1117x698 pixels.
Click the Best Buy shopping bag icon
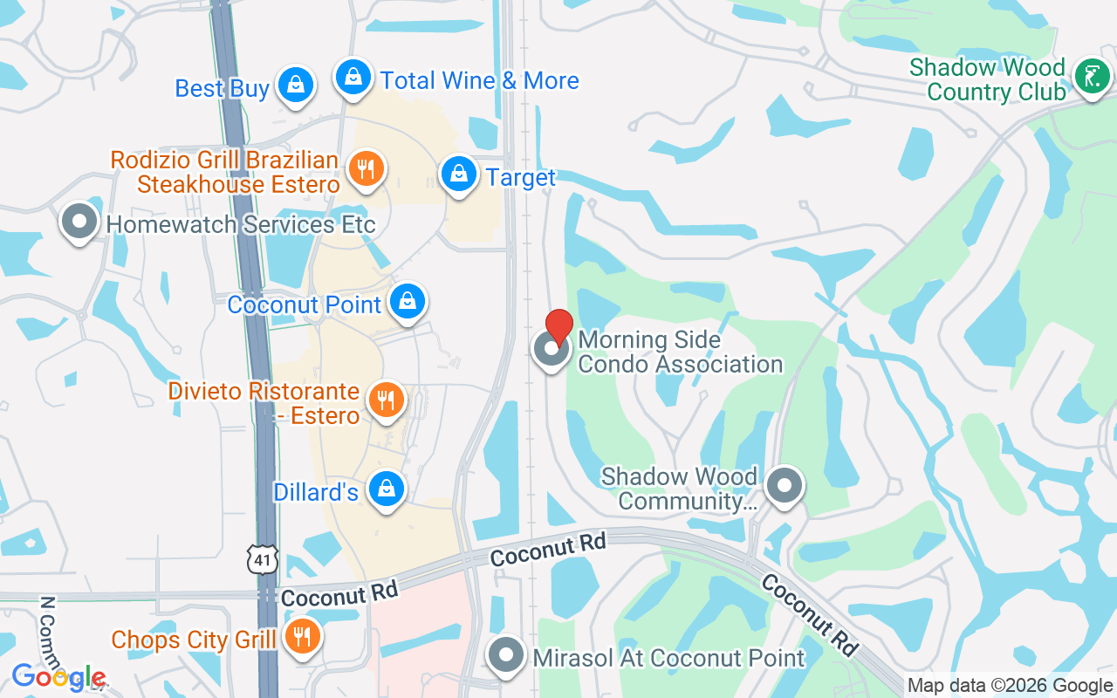[296, 85]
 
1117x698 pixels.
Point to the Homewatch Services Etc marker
[79, 222]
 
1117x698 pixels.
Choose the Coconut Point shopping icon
[407, 302]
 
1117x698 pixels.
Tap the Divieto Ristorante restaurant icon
[386, 400]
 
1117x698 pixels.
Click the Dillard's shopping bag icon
[385, 489]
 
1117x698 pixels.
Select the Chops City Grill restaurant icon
[302, 637]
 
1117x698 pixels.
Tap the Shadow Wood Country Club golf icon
[1091, 79]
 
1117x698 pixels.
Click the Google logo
[59, 677]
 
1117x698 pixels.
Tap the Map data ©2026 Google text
[1010, 686]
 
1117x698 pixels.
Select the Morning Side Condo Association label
[680, 352]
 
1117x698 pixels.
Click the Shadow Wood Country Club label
[987, 79]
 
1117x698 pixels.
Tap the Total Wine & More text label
[479, 81]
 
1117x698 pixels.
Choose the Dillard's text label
[316, 492]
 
